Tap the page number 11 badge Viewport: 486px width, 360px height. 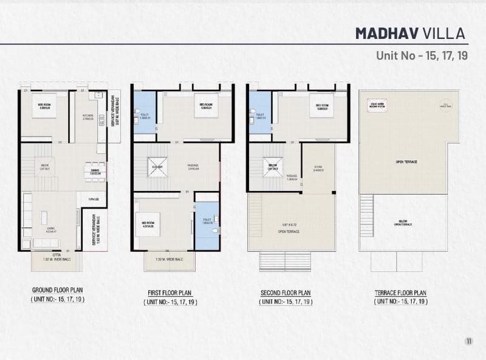[x=468, y=341]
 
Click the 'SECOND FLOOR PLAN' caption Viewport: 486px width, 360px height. [x=286, y=292]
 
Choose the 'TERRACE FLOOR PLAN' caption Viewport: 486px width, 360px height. [x=401, y=292]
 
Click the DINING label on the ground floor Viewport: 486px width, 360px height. [x=94, y=172]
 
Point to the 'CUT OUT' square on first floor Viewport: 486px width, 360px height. [x=157, y=165]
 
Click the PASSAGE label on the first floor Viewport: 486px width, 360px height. [x=194, y=167]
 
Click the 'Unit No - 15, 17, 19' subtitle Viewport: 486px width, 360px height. [x=421, y=56]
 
